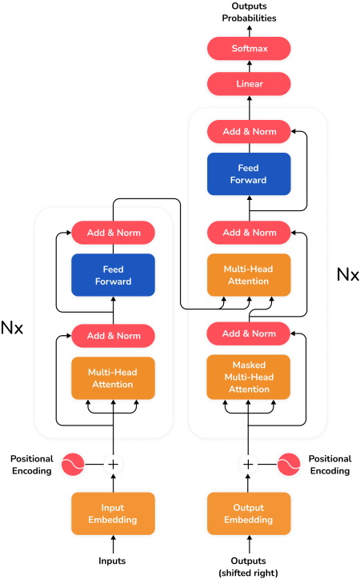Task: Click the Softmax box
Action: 248,48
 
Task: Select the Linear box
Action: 248,83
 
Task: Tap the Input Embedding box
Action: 113,514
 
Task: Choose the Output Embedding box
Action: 248,514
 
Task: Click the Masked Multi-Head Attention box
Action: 248,377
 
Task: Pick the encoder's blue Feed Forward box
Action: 113,275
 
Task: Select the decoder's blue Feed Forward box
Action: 248,174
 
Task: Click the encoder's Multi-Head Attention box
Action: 113,377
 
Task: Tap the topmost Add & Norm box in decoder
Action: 248,131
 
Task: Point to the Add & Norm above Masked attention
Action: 248,333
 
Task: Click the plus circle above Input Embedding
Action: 113,464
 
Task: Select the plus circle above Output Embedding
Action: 248,464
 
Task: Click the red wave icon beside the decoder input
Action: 288,464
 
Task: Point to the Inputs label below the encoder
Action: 113,561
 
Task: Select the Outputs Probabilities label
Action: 248,11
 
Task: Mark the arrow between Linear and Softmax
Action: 248,66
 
